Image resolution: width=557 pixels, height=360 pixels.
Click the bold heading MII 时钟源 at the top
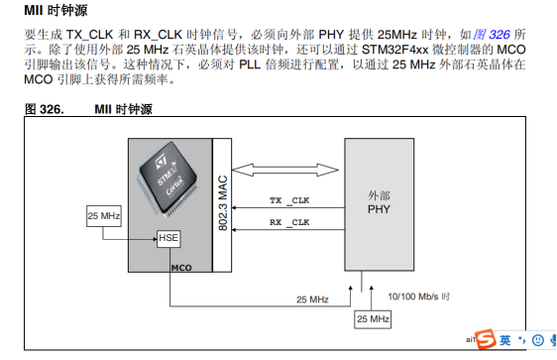58,11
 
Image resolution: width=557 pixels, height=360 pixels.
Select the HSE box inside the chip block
169,239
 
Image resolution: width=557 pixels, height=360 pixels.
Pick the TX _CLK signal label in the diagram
289,200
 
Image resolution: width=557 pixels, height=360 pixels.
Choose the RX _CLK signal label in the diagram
289,223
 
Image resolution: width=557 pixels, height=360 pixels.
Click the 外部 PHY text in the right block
378,203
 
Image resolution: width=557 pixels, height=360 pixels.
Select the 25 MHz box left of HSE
104,215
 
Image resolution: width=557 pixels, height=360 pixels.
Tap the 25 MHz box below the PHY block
373,318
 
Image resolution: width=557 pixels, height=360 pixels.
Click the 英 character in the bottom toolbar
505,340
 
